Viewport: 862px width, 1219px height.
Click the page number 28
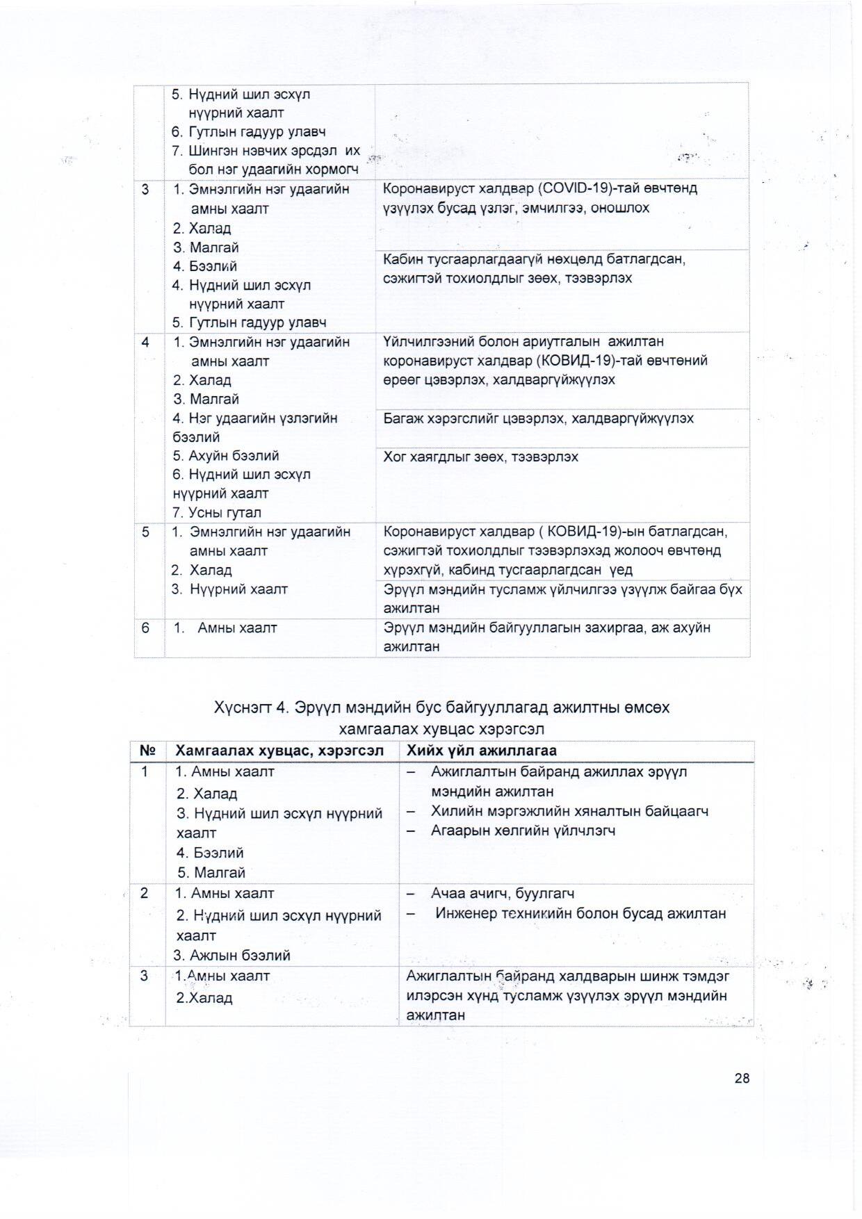pos(742,1078)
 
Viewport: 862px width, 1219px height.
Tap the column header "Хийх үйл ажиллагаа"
pos(481,751)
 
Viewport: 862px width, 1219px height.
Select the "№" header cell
pos(147,751)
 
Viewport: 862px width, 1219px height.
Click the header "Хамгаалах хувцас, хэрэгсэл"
pos(279,751)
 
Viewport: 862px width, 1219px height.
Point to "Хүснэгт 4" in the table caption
pos(251,707)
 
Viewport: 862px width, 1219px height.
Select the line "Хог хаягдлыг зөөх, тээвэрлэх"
pos(480,457)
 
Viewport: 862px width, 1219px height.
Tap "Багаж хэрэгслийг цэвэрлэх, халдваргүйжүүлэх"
pos(538,418)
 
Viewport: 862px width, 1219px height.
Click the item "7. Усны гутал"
pos(217,513)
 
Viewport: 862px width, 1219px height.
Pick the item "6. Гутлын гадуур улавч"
pos(249,132)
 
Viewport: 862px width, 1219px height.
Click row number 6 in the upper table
pos(145,628)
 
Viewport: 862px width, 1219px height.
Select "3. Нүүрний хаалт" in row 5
pos(229,589)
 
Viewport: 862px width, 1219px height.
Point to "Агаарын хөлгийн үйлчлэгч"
pos(523,831)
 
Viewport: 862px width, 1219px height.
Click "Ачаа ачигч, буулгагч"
pos(502,893)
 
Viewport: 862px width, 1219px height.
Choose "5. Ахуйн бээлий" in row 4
pos(226,456)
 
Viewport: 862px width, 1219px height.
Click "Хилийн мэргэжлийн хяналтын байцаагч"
pos(569,811)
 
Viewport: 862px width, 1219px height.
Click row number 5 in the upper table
pos(145,532)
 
